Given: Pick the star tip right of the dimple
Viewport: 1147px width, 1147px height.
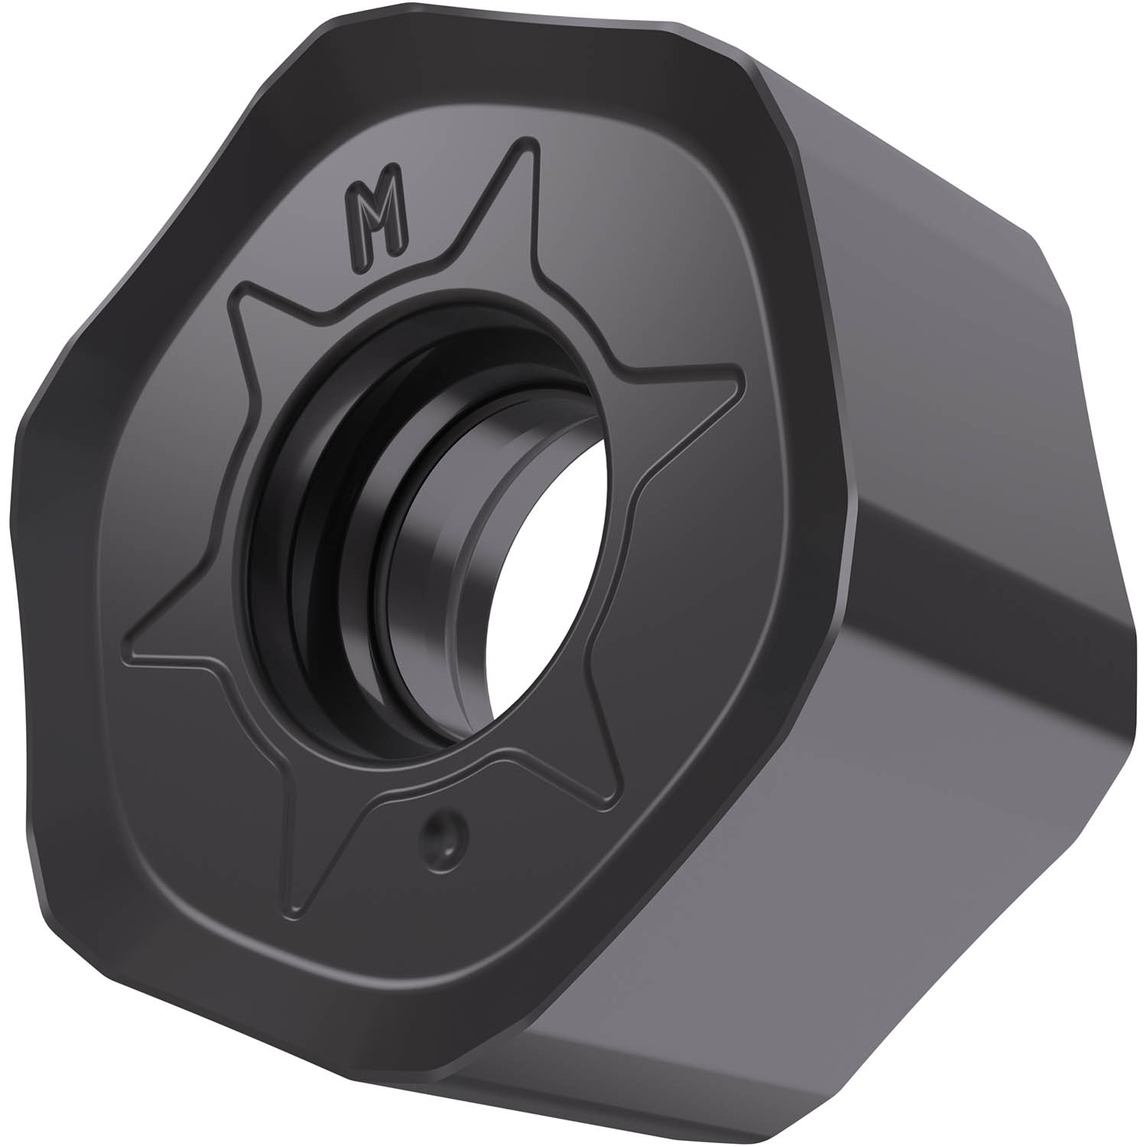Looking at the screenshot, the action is [612, 803].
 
